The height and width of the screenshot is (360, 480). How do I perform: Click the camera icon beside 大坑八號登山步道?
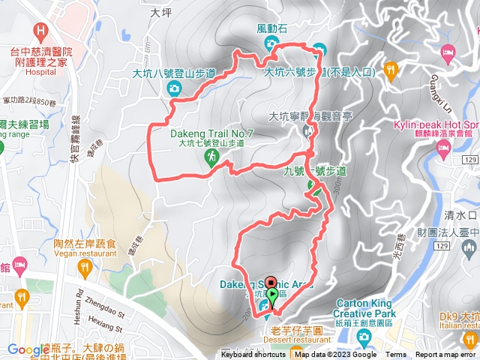(174, 89)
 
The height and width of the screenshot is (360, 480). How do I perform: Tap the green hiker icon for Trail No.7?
(213, 156)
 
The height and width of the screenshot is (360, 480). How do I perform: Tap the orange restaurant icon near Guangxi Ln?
(390, 70)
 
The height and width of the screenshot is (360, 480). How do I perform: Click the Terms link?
(396, 355)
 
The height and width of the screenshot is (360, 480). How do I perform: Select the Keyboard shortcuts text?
(253, 355)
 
